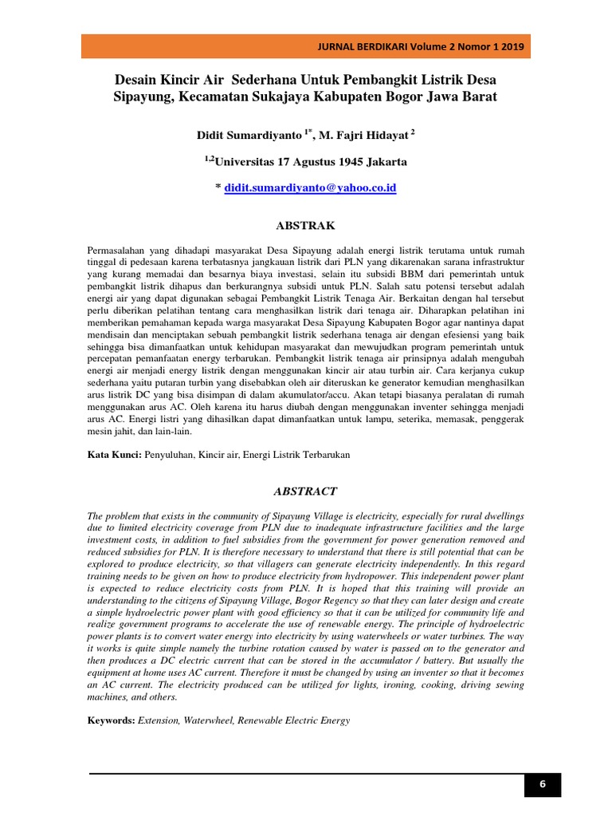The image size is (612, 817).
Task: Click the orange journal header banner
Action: (306, 46)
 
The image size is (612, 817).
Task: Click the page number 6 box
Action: (542, 784)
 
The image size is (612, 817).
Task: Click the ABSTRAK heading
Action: (306, 226)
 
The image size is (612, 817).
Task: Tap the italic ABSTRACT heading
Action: (306, 491)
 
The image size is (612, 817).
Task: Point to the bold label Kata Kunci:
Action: (115, 454)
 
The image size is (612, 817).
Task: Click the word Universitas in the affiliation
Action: (251, 162)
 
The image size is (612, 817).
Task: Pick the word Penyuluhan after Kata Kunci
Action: (172, 454)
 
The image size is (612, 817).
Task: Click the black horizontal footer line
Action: (303, 774)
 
